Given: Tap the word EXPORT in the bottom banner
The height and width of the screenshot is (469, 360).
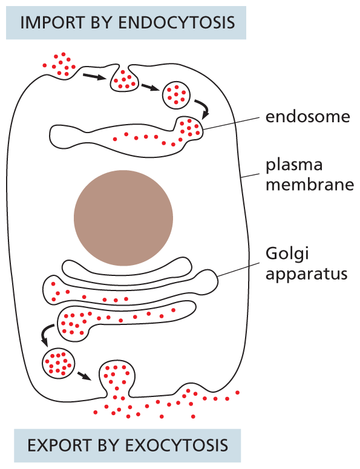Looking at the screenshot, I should click(x=53, y=445).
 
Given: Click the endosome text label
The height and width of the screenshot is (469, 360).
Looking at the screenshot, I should click(x=307, y=117).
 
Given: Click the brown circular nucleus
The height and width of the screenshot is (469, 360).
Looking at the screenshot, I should click(x=123, y=217).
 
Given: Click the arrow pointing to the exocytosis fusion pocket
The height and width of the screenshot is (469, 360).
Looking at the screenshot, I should click(x=85, y=375).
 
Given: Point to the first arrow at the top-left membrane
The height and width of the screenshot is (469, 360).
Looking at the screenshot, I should click(x=93, y=76).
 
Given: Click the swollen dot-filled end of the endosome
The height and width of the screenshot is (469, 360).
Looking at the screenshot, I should click(x=191, y=128).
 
